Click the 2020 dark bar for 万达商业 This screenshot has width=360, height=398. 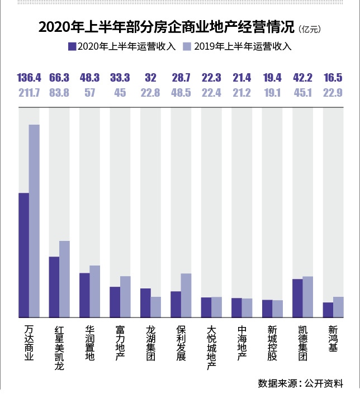(x=24, y=255)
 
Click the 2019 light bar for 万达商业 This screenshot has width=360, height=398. (x=35, y=221)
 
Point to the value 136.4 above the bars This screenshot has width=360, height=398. (x=29, y=77)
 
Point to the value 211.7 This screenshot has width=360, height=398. (x=29, y=93)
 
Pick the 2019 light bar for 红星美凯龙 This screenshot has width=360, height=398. (x=64, y=279)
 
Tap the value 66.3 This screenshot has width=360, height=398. (x=59, y=77)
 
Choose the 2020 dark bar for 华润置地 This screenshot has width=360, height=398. (x=84, y=295)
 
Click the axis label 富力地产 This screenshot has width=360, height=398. (x=120, y=343)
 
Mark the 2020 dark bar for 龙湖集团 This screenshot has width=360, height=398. (x=145, y=302)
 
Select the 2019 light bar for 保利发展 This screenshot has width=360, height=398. (x=186, y=295)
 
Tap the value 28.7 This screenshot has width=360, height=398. (x=181, y=77)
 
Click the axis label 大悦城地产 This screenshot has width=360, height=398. (x=211, y=347)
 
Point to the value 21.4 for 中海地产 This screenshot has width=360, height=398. (x=242, y=77)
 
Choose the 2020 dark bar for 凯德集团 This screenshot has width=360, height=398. (x=297, y=298)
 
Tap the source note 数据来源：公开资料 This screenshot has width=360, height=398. (x=300, y=383)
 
